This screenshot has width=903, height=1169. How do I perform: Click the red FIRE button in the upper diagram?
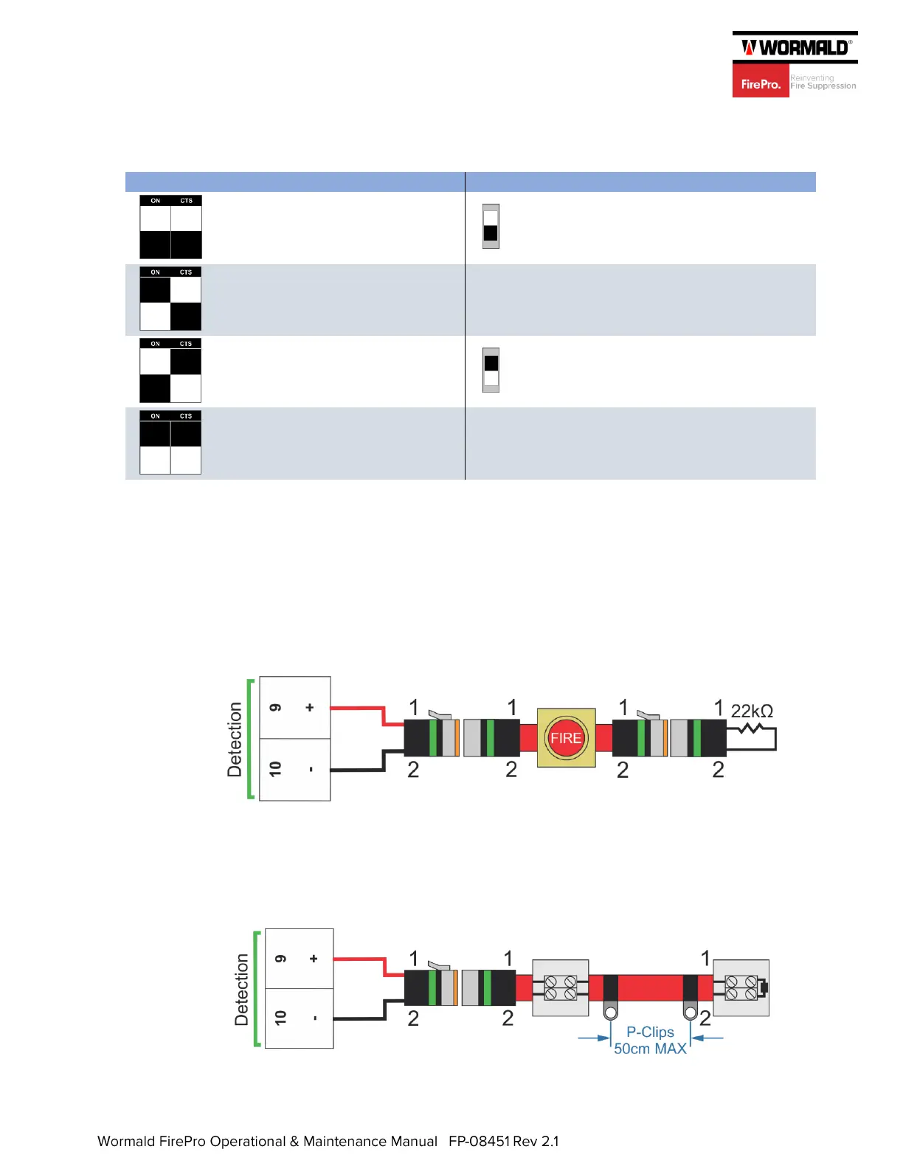coord(566,738)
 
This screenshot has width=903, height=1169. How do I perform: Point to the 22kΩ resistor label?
coord(752,711)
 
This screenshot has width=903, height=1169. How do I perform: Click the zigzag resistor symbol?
coord(750,728)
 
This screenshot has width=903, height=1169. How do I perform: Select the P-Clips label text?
coord(650,1032)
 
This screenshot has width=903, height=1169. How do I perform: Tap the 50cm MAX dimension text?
coord(650,1049)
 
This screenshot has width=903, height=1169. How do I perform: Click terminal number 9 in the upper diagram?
coord(276,708)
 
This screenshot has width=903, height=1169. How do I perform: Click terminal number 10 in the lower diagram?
coord(280,1018)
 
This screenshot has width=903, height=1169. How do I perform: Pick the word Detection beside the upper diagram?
coord(235,739)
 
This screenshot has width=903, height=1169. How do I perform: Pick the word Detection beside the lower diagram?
coord(241,990)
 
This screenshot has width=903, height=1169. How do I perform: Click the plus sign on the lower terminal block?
coord(314,959)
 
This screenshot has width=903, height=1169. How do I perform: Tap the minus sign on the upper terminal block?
coord(311,769)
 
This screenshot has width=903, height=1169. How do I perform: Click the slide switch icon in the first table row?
coord(491,227)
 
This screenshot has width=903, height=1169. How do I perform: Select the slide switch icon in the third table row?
coord(491,370)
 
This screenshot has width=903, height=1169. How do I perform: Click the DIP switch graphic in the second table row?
coord(170,299)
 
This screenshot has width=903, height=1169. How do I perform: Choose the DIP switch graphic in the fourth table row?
coord(170,442)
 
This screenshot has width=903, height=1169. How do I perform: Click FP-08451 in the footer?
coord(479,1142)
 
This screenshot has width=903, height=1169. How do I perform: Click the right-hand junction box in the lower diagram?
coord(741,988)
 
